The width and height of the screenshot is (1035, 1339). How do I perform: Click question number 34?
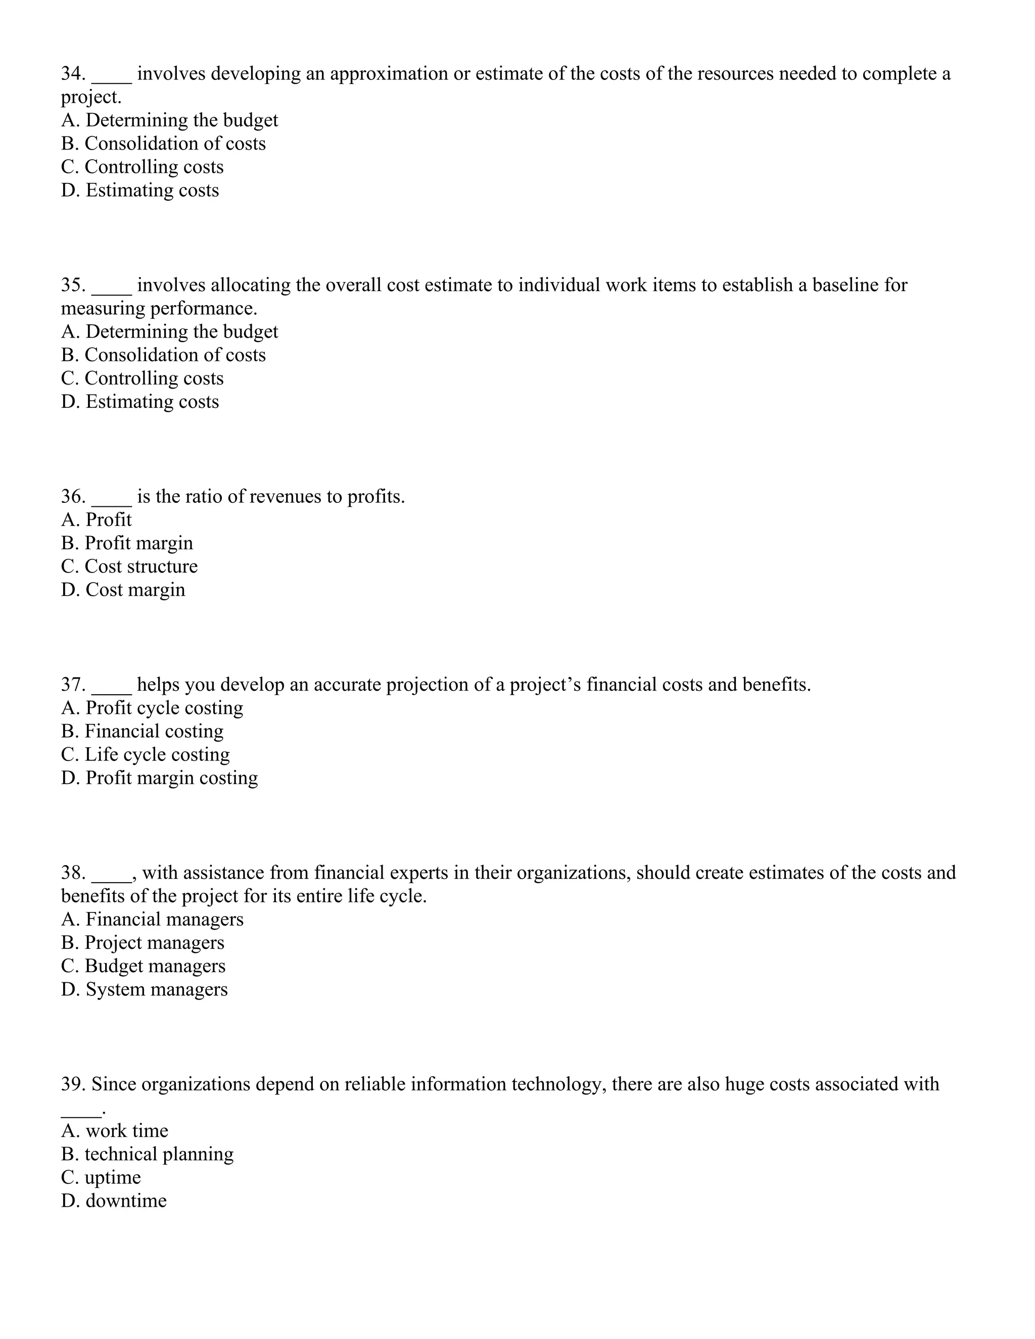(72, 74)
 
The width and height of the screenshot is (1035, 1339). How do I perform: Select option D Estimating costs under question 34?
(140, 190)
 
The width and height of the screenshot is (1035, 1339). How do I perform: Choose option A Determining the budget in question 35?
(169, 331)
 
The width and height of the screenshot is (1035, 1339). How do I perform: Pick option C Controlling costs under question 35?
(142, 378)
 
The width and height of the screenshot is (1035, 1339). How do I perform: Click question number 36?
(72, 497)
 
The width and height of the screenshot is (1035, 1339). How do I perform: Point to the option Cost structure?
(129, 566)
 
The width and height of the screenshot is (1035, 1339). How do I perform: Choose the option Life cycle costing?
(146, 755)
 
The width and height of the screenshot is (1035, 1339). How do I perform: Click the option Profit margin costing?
(159, 778)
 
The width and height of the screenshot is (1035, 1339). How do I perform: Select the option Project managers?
(143, 943)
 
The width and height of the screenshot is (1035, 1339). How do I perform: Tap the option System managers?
(144, 989)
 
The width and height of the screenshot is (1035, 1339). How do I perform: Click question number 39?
(72, 1084)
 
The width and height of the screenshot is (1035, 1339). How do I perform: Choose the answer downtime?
(114, 1201)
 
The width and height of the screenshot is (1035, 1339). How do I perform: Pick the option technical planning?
(147, 1155)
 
